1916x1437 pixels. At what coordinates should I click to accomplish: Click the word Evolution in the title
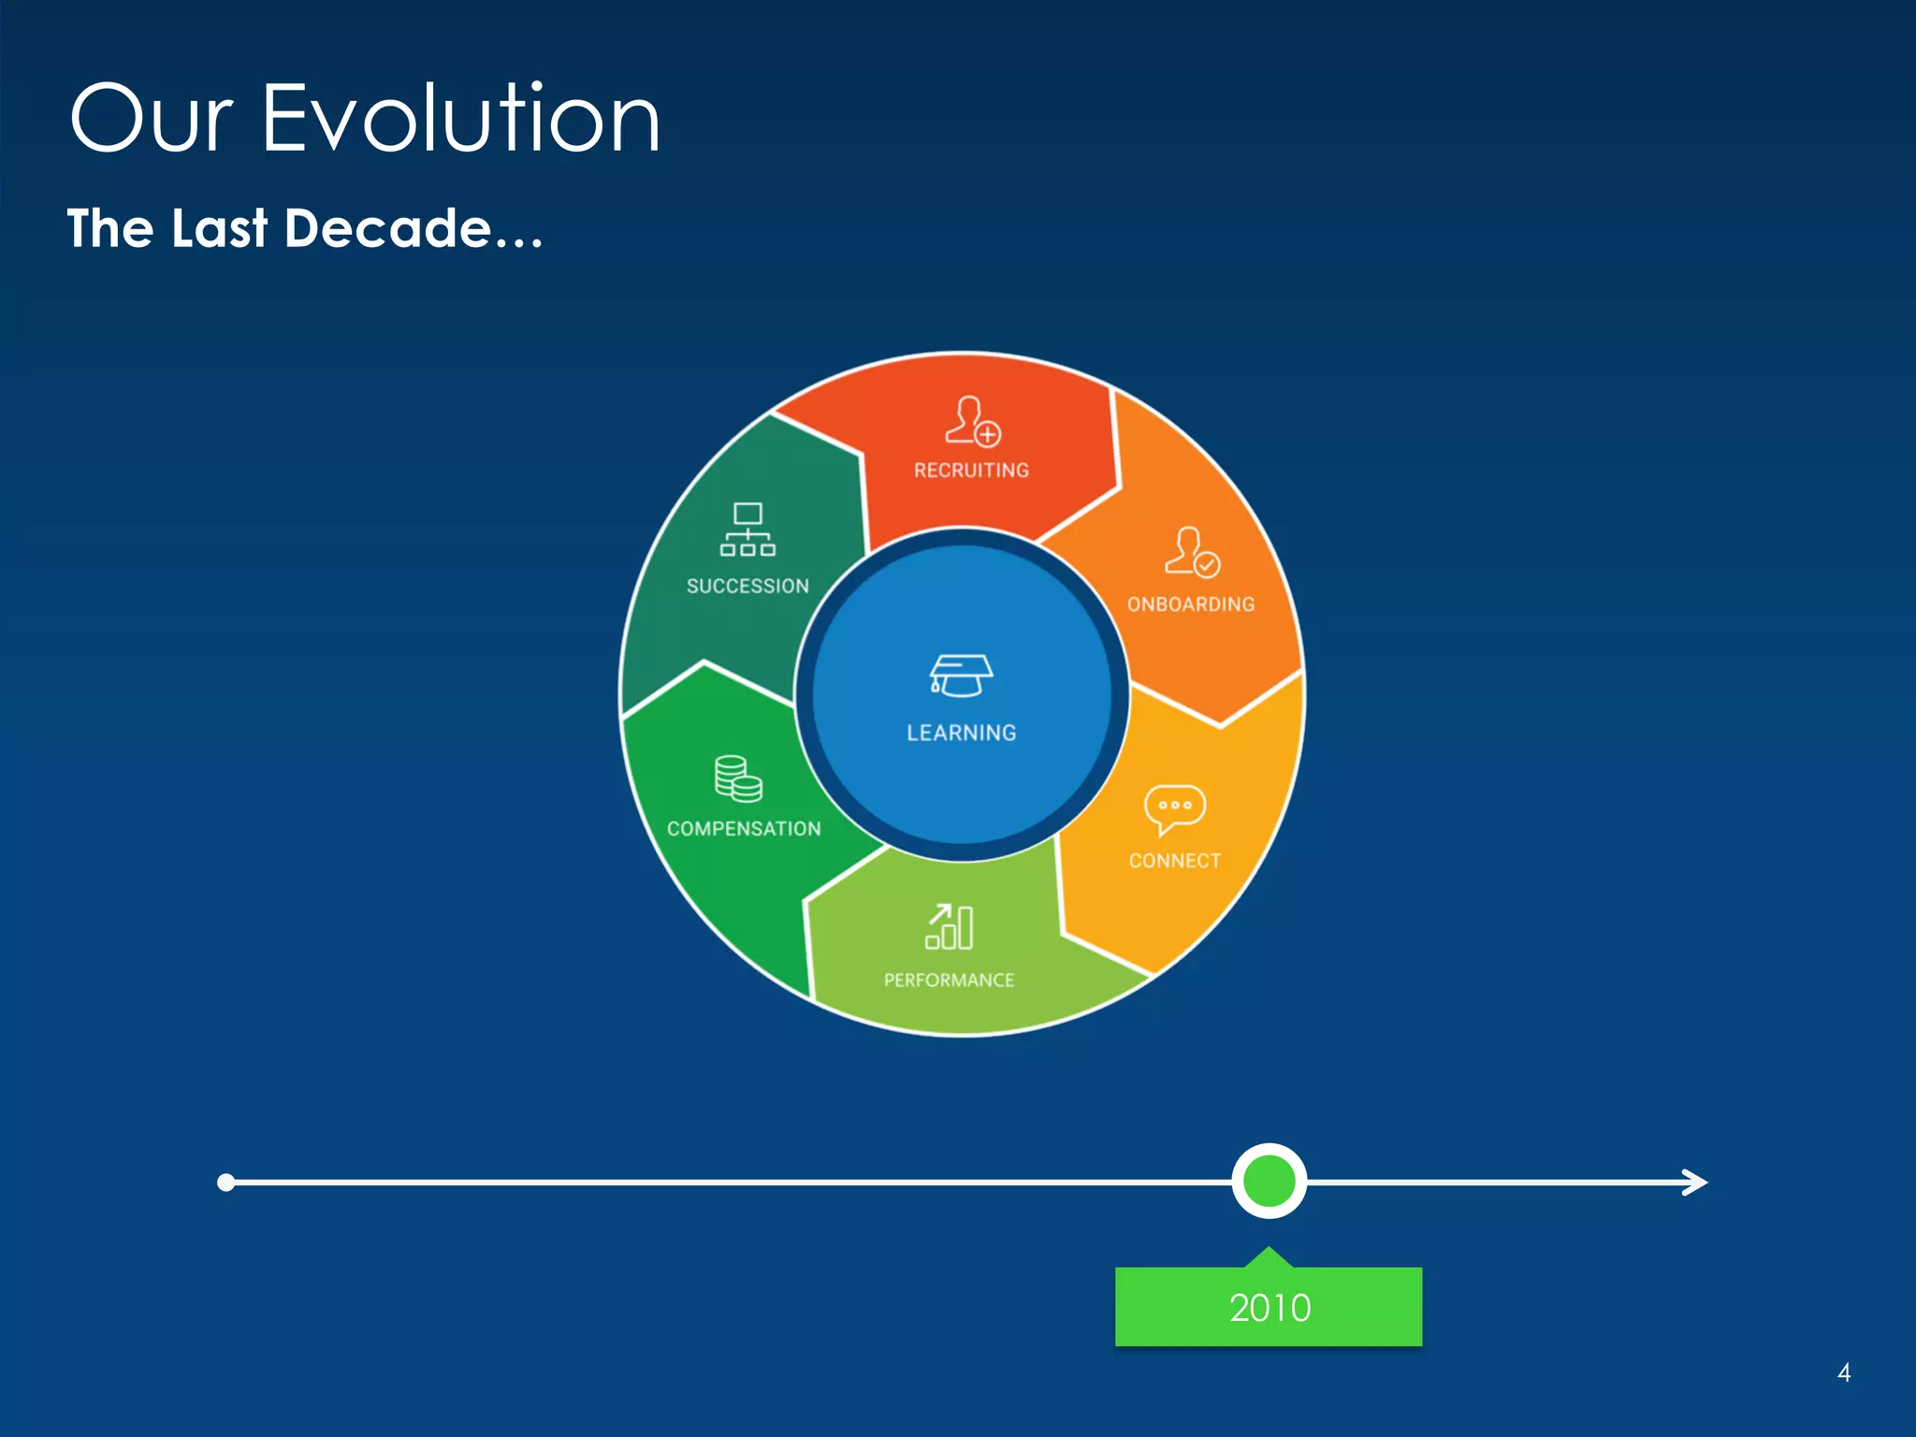pos(460,119)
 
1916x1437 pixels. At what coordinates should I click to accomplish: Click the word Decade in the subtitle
pos(387,228)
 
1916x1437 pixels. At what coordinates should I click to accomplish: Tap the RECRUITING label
pos(971,471)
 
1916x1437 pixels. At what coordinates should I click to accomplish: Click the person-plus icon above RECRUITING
pos(972,421)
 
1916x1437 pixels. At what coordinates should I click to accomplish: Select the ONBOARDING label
pos(1190,604)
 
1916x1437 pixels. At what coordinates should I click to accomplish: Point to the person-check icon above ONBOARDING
pos(1192,552)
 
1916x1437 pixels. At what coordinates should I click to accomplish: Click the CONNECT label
pos(1174,861)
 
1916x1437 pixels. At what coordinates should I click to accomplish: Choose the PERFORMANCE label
pos(949,980)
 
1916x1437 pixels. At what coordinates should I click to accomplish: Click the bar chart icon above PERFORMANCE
pos(950,926)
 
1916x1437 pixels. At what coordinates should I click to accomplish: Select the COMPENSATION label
pos(744,829)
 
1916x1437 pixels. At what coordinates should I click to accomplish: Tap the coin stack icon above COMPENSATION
pos(738,778)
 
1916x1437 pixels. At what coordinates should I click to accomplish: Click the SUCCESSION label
pos(748,587)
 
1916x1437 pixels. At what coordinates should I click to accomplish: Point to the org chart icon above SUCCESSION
pos(748,530)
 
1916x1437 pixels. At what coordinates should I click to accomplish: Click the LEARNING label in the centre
pos(961,733)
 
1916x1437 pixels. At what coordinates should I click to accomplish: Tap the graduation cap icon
pos(961,675)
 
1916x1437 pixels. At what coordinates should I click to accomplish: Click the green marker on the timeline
pos(1269,1181)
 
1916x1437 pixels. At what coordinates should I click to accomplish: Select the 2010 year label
pos(1269,1308)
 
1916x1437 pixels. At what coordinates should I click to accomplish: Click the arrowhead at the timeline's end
pos(1695,1183)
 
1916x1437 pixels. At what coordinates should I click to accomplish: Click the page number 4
pos(1843,1372)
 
